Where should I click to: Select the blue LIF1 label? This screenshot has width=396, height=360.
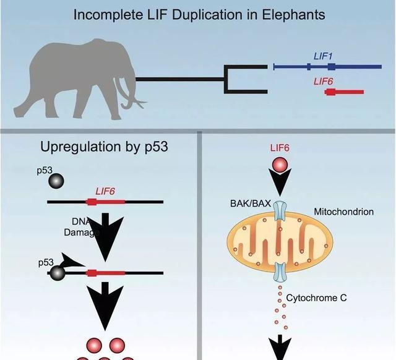click(x=323, y=57)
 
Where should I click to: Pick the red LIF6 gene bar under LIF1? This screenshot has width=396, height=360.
click(x=343, y=92)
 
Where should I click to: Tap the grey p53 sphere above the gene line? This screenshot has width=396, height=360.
click(x=56, y=181)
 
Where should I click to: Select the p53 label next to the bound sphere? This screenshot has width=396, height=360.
click(x=46, y=262)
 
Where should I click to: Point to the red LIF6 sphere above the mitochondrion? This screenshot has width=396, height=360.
click(x=280, y=165)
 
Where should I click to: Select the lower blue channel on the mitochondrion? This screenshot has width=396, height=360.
click(x=280, y=270)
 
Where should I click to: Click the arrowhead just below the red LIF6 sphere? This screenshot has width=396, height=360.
click(x=280, y=184)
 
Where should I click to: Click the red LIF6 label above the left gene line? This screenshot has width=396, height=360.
click(x=105, y=191)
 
